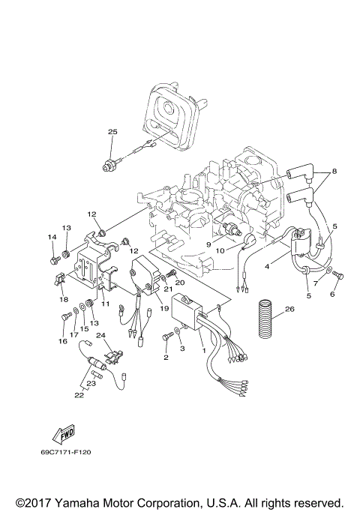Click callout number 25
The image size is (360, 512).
click(112, 132)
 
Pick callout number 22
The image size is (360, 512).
click(78, 395)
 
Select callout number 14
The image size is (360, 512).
click(52, 238)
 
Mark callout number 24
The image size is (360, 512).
click(100, 336)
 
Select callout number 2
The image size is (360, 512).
click(166, 357)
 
